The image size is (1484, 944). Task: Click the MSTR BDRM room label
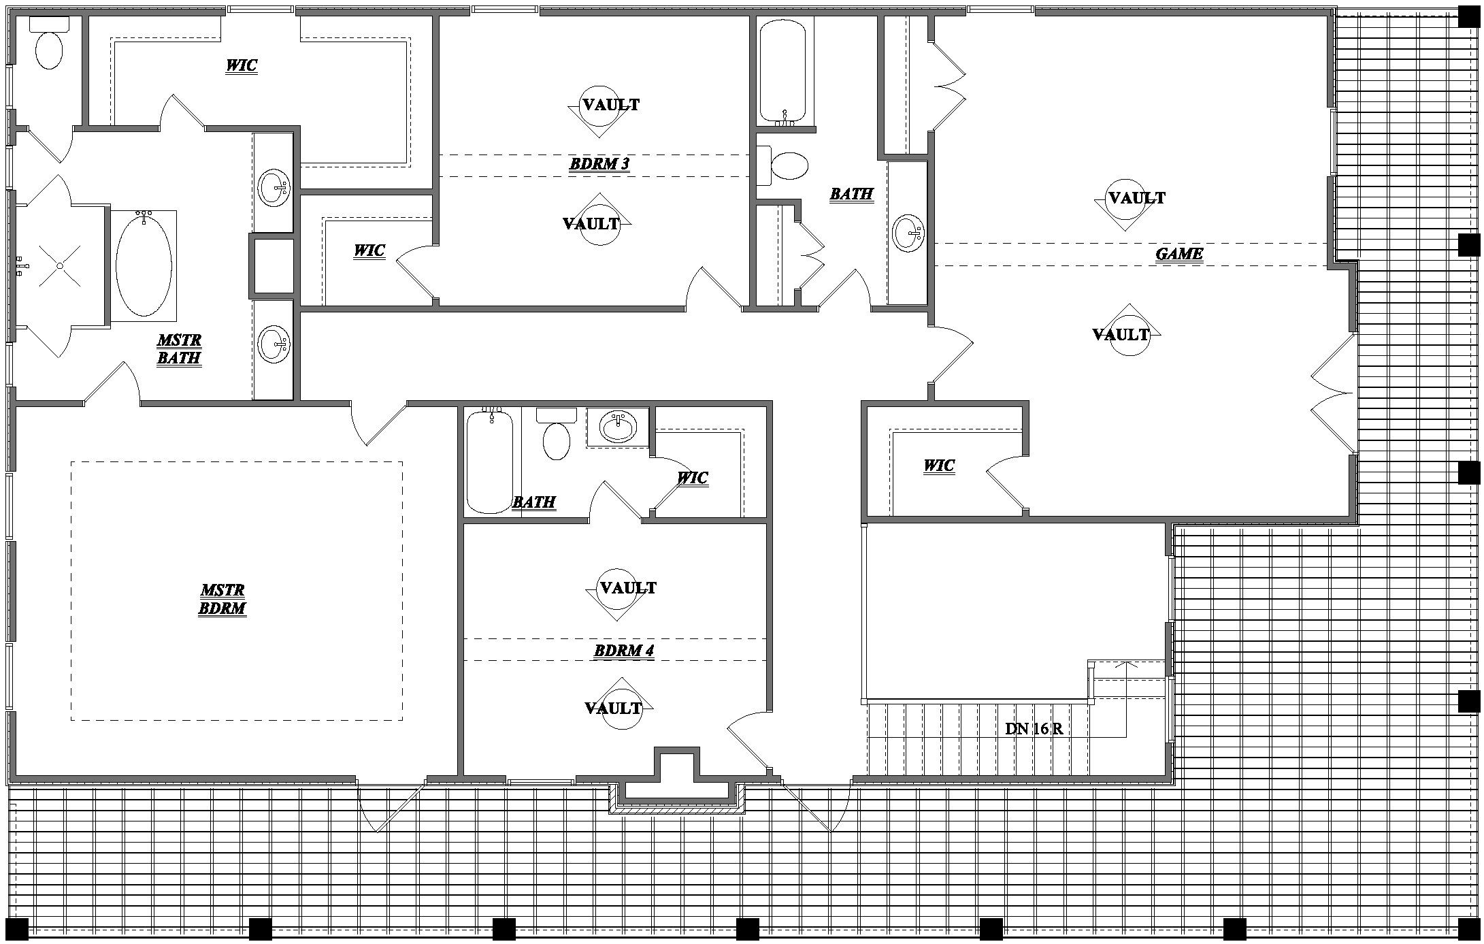click(x=222, y=599)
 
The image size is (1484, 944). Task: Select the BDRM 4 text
click(x=624, y=650)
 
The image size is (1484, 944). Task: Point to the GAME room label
click(x=1179, y=254)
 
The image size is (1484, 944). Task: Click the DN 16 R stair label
click(x=1034, y=729)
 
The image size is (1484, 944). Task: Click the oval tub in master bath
click(x=144, y=264)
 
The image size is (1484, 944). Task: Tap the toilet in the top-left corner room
click(x=49, y=48)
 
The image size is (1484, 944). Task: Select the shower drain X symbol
click(x=60, y=265)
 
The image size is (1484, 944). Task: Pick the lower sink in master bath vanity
click(x=274, y=343)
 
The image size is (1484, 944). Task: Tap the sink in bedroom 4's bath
click(x=618, y=427)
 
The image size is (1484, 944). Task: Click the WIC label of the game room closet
click(x=939, y=466)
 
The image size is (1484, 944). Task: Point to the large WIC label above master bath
click(x=242, y=65)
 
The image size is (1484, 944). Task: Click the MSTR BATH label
click(x=179, y=349)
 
